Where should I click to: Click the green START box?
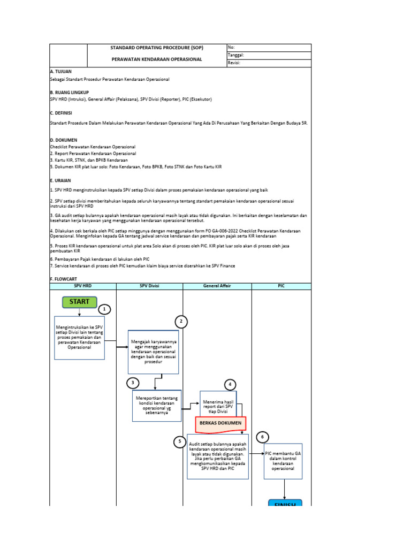pos(79,302)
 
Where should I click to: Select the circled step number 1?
pos(105,309)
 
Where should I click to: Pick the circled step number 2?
pos(181,322)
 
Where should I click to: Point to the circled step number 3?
pos(133,383)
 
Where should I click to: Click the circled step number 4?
pos(230,385)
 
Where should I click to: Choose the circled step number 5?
pos(180,442)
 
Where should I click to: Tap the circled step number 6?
pos(262,437)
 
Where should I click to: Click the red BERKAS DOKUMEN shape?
pos(219,423)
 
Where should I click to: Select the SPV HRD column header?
pos(82,286)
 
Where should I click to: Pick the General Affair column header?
pos(217,286)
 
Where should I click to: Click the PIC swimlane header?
pos(281,286)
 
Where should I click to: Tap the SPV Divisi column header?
pos(149,286)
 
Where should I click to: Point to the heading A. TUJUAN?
pos(60,71)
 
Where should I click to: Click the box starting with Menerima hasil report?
pos(220,406)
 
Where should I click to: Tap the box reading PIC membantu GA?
pos(284,460)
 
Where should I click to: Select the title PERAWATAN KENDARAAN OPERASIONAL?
pos(157,59)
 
